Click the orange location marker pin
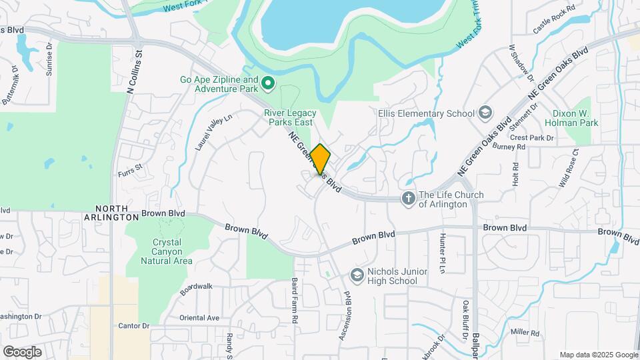click(x=320, y=159)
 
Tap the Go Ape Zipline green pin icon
click(x=267, y=83)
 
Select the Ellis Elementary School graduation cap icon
click(x=485, y=113)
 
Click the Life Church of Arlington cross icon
click(x=408, y=198)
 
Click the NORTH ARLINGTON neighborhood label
click(x=111, y=212)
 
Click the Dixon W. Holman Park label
click(x=576, y=117)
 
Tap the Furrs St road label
click(x=131, y=167)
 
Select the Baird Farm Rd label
click(x=293, y=301)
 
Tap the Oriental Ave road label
click(x=199, y=318)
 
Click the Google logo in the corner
click(x=22, y=352)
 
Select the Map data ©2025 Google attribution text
click(x=597, y=355)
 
